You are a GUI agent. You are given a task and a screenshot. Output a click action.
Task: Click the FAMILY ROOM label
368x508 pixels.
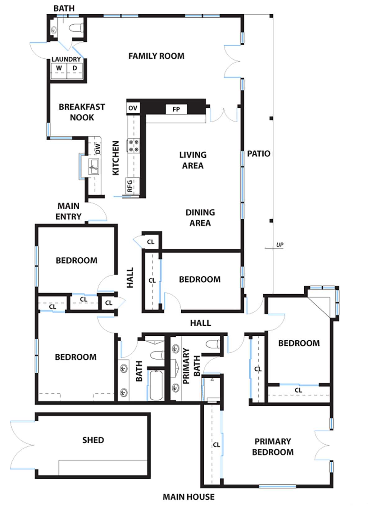[x=156, y=56]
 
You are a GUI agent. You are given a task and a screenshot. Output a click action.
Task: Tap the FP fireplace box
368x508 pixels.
[x=176, y=109]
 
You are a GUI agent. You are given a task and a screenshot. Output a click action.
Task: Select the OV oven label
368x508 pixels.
[x=133, y=108]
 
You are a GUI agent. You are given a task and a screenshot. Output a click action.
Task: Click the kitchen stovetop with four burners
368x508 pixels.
[x=133, y=146]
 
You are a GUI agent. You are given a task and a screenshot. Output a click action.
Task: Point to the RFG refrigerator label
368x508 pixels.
[x=130, y=186]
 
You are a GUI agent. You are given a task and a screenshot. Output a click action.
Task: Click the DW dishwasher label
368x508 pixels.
[x=98, y=148]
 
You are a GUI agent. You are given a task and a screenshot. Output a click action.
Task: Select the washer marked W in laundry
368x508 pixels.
[x=59, y=68]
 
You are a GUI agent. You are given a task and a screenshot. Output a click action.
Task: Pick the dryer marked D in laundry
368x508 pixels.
[x=75, y=68]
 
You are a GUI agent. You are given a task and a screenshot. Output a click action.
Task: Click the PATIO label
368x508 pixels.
[x=258, y=154]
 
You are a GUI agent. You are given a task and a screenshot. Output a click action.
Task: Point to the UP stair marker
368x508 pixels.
[x=279, y=245]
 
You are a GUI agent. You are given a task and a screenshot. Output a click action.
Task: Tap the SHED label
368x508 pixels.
[x=93, y=440]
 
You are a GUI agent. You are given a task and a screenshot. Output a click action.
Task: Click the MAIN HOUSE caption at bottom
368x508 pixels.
[x=188, y=497]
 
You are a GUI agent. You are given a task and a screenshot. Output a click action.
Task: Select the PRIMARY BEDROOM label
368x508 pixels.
[x=273, y=447]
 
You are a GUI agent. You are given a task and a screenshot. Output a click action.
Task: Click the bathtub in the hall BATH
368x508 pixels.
[x=156, y=384]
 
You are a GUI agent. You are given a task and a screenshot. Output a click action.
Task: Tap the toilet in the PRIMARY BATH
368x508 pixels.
[x=214, y=344]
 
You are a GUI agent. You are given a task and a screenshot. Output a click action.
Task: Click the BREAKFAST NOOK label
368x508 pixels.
[x=82, y=112]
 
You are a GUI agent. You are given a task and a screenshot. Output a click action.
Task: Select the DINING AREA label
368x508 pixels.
[x=200, y=218]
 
